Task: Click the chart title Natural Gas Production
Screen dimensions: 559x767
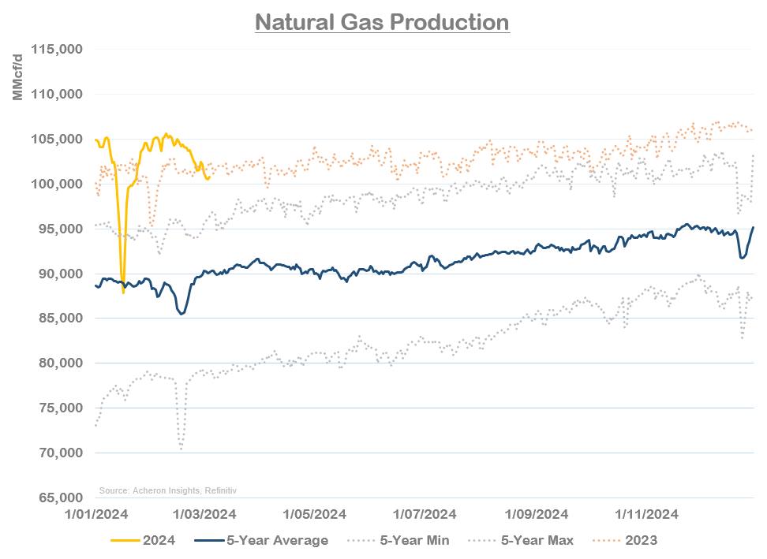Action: click(383, 21)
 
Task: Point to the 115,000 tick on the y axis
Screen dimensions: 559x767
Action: click(58, 50)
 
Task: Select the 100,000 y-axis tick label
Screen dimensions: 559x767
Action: click(58, 184)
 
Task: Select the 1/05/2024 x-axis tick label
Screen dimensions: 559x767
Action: click(313, 515)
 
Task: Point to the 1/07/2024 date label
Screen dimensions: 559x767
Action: click(424, 515)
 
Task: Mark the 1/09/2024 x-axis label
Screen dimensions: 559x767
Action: click(536, 515)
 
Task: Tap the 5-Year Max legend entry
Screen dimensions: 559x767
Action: click(520, 540)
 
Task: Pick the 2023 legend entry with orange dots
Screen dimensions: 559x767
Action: click(628, 540)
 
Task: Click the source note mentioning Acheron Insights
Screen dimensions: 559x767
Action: click(167, 490)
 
